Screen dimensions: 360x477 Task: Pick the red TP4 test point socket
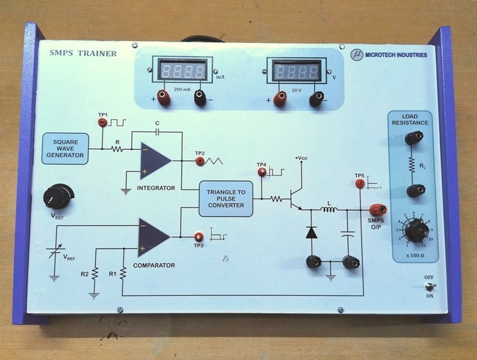point(261,173)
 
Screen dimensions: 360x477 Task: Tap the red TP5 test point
point(359,185)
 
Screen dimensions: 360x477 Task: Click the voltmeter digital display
point(296,70)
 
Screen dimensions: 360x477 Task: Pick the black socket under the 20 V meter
point(315,99)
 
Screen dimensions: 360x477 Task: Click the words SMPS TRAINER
point(83,53)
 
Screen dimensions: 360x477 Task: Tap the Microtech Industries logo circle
point(357,55)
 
